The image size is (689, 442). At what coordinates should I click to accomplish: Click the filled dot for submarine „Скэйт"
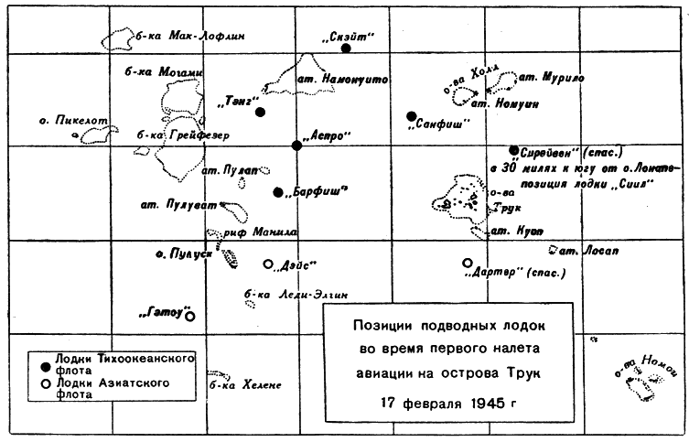click(345, 48)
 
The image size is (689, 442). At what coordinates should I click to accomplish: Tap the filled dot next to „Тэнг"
click(261, 112)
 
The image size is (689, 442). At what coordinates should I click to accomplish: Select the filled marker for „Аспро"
click(296, 146)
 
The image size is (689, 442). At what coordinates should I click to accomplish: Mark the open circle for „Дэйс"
click(268, 264)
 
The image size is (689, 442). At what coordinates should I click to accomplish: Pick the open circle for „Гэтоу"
click(189, 317)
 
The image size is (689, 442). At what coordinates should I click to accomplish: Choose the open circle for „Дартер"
click(468, 263)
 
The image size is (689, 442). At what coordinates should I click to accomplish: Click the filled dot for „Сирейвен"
click(514, 150)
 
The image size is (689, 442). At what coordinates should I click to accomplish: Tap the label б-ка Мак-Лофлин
click(189, 37)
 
